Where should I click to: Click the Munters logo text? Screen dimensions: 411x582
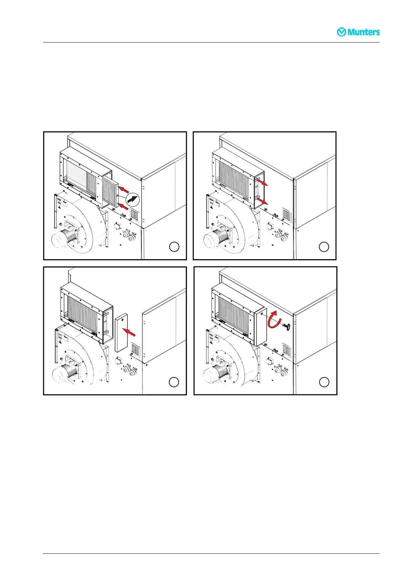[363, 32]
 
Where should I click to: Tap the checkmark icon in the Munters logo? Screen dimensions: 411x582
[342, 32]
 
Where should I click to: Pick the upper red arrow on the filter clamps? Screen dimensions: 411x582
[262, 182]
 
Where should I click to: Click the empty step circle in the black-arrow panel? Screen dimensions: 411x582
[174, 247]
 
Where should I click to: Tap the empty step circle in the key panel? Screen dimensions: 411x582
[324, 382]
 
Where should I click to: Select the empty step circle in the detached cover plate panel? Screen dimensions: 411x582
[174, 382]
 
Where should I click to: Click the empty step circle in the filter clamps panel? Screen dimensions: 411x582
[324, 247]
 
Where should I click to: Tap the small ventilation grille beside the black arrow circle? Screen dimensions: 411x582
[134, 215]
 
